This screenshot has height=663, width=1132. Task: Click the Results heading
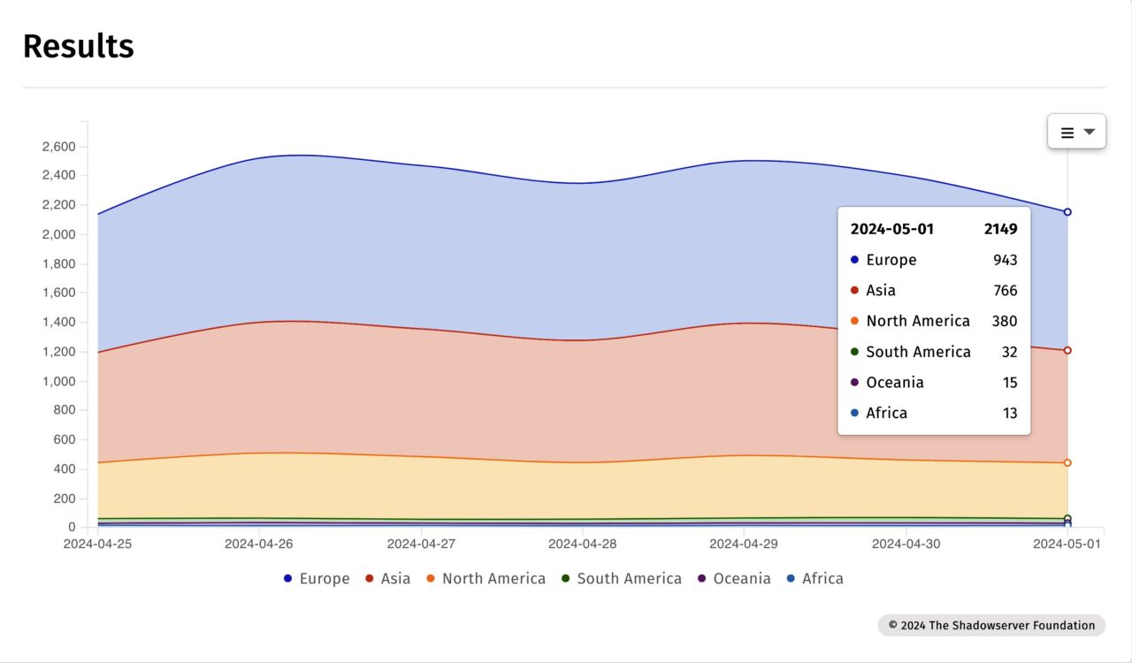[x=79, y=46]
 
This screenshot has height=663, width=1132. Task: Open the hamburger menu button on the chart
[x=1076, y=132]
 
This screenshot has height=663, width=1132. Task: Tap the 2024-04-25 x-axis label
[x=97, y=544]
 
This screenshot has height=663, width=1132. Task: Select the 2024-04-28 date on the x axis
[x=582, y=544]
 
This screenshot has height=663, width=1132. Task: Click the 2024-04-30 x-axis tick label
[x=906, y=544]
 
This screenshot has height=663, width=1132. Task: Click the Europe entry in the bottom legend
[x=317, y=579]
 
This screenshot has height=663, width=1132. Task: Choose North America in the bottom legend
[x=486, y=579]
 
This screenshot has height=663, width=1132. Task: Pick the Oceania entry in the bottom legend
[x=733, y=579]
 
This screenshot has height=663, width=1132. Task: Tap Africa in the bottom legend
[x=815, y=579]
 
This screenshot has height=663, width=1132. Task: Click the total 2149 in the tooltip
[x=1000, y=229]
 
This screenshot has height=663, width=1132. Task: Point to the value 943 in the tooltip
[x=1005, y=260]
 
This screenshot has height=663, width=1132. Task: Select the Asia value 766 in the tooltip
[x=1005, y=291]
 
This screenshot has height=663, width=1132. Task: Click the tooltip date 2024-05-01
[x=891, y=229]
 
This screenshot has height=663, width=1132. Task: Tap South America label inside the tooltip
[x=918, y=352]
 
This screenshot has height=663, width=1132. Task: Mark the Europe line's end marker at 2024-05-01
[x=1067, y=212]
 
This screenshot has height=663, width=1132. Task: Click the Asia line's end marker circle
[x=1067, y=351]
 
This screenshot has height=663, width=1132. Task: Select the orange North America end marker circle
[x=1067, y=463]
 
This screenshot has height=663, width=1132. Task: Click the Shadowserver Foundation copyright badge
[x=991, y=626]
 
